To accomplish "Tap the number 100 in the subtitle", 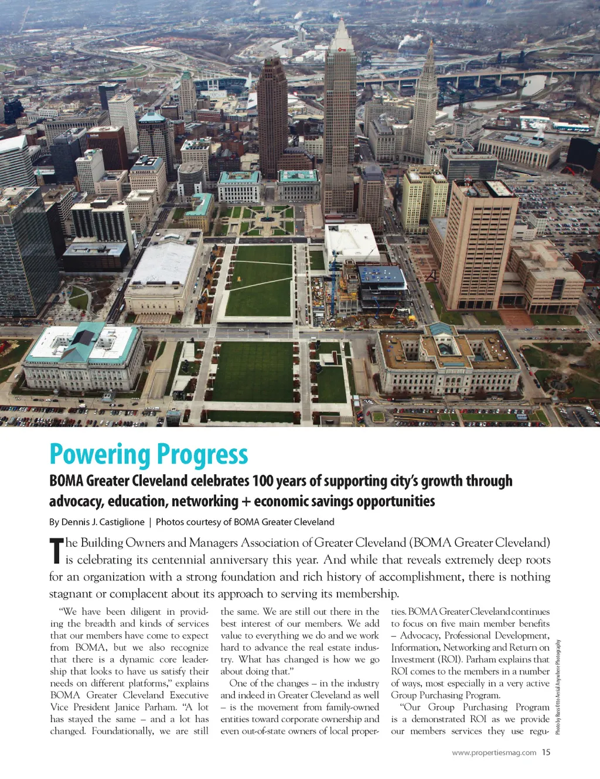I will coord(262,481).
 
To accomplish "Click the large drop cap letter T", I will coord(56,550).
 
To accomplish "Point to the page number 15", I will coord(546,752).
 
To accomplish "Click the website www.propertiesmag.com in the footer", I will coord(494,753).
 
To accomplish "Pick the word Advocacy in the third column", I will coord(418,635).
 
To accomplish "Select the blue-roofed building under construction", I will coord(381,274).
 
